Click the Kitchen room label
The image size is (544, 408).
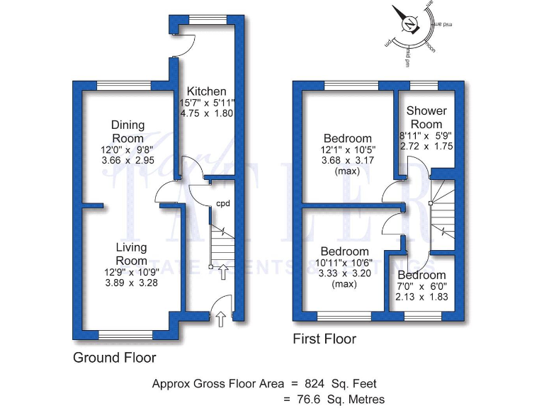click(x=206, y=91)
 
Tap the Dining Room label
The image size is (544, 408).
click(x=127, y=132)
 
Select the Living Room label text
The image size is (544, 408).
click(x=132, y=254)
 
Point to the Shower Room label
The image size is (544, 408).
click(x=426, y=118)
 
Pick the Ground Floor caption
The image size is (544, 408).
click(x=115, y=358)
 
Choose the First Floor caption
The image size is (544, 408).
click(x=324, y=339)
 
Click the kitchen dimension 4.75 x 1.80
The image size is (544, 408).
click(x=206, y=113)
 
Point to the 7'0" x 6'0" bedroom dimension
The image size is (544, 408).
click(x=421, y=286)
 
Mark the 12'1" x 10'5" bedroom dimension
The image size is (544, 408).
click(x=347, y=149)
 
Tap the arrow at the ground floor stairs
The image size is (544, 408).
click(x=223, y=270)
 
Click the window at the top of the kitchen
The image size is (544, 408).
click(x=206, y=19)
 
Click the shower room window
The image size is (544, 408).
click(x=424, y=86)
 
